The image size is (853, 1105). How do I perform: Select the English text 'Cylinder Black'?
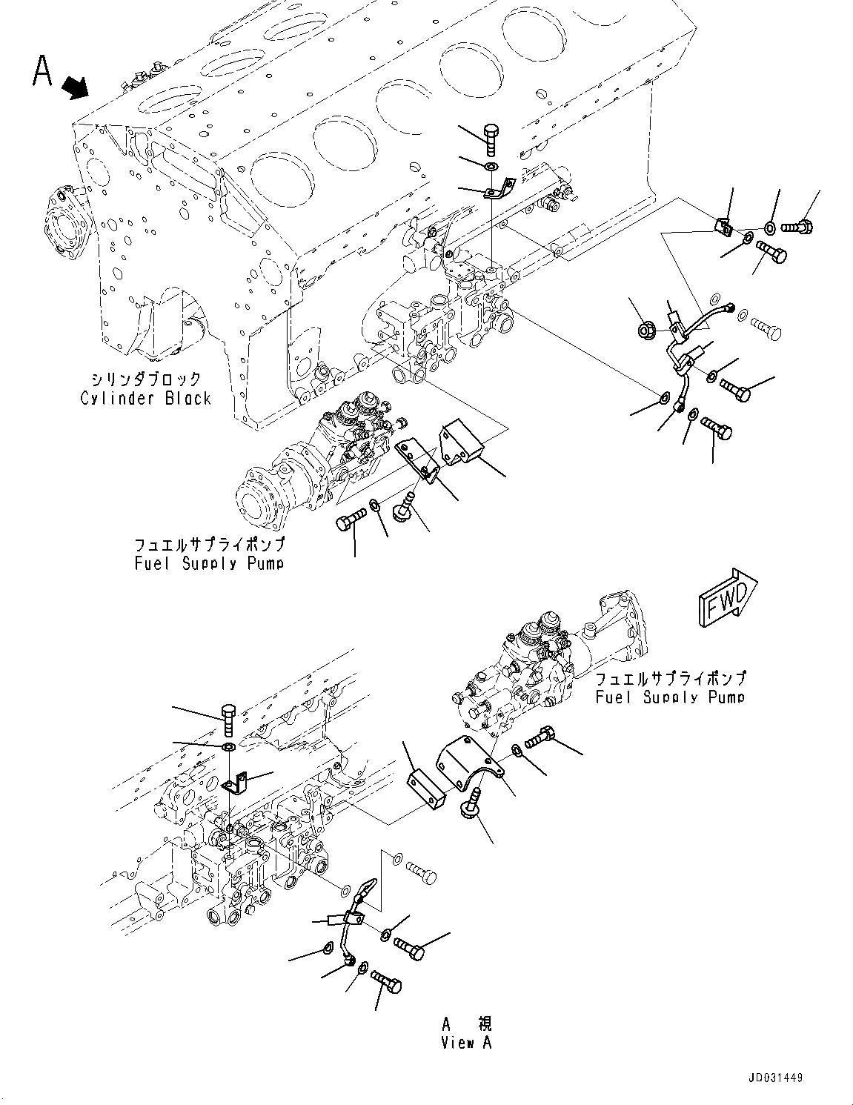pos(146,399)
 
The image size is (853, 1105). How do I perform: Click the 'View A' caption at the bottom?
pos(467,1042)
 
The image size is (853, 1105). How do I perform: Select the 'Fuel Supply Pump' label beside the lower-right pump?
pos(671,697)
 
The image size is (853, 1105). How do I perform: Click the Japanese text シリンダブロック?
pos(145,379)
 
